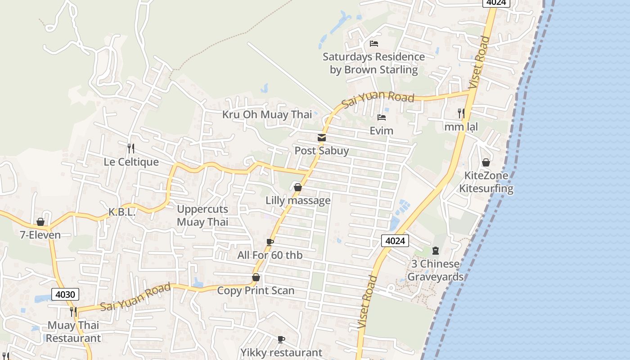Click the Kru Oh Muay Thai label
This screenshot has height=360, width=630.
(x=267, y=114)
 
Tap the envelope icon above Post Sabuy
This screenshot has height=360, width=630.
(x=322, y=138)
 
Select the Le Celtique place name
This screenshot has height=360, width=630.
(x=131, y=162)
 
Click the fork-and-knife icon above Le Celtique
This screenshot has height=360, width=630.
(x=131, y=148)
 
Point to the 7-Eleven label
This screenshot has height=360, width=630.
(x=40, y=234)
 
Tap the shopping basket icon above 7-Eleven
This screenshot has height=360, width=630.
(x=40, y=222)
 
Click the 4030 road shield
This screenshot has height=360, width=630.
(x=65, y=294)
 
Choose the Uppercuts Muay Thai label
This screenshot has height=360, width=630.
(x=202, y=215)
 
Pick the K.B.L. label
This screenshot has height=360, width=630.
(x=122, y=212)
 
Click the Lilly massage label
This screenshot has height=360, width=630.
(x=298, y=200)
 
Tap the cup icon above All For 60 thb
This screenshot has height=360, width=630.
(x=270, y=242)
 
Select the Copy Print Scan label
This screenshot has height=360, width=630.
(x=256, y=290)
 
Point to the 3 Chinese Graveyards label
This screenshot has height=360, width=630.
(x=435, y=270)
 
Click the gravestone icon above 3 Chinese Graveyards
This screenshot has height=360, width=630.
(x=436, y=250)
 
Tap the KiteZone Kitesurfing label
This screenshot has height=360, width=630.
(x=486, y=182)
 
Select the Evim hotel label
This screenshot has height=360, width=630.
(x=382, y=130)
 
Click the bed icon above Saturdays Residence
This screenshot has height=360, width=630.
(x=374, y=44)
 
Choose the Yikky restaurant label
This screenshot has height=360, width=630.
(x=281, y=352)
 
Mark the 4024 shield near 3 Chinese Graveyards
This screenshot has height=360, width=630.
(x=395, y=241)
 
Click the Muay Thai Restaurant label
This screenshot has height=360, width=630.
(x=73, y=331)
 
